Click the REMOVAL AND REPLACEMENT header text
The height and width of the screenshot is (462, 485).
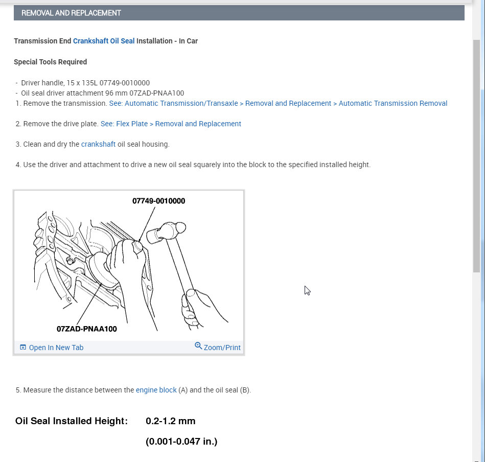coord(71,13)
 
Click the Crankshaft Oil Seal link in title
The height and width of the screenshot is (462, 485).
coord(104,41)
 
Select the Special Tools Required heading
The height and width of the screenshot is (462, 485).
coord(50,62)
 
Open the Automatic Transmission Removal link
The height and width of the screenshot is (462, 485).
coord(278,103)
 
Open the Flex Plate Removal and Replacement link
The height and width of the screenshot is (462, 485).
coord(171,124)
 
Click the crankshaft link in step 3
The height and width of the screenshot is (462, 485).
coord(98,144)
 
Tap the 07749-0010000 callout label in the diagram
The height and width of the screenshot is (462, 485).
coord(158,201)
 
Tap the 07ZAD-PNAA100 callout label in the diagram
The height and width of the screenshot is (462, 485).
coord(86,329)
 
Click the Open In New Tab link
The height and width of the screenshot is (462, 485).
coord(56,348)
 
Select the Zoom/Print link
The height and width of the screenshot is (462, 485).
coord(222,348)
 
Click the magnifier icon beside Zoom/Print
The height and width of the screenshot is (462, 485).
coord(198,346)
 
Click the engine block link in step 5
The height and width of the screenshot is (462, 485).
coord(156,390)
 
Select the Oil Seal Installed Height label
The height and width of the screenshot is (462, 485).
coord(71,421)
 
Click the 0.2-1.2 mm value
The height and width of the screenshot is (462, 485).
coord(170,421)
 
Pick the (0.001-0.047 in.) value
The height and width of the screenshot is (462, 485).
coord(181,441)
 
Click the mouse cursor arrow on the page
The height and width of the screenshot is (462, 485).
coord(307,290)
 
